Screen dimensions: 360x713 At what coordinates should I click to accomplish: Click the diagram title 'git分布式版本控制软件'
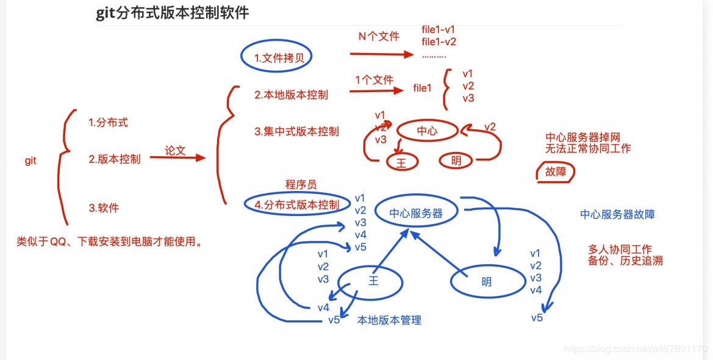point(173,13)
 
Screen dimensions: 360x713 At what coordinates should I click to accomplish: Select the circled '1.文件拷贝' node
point(275,58)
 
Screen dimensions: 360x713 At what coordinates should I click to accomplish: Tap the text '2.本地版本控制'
point(291,95)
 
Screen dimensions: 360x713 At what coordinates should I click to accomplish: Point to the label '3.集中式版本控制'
point(296,131)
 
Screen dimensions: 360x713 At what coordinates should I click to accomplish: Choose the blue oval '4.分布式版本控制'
point(296,204)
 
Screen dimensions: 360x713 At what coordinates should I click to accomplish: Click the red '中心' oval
point(427,131)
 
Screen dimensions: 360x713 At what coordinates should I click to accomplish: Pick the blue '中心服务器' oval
point(417,212)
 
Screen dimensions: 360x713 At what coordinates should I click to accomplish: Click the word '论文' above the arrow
point(175,150)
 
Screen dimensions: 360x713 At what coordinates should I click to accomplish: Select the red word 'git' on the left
point(30,160)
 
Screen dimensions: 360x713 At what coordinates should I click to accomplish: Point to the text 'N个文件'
point(379,36)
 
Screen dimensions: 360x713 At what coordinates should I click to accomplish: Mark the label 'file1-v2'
point(439,41)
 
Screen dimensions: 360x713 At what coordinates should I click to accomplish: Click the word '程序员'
point(301,184)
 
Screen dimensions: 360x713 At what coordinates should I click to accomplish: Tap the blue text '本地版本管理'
point(389,320)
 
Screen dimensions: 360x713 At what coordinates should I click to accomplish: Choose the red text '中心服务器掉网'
point(582,138)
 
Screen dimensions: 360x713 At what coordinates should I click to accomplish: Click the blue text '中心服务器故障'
point(617,214)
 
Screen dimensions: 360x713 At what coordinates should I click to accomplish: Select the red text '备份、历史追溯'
point(625,261)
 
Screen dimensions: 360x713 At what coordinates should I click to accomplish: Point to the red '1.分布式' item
point(109,122)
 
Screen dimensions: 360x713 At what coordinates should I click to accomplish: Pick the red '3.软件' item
point(104,208)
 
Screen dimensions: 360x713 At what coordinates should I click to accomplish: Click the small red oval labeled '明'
point(456,161)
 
